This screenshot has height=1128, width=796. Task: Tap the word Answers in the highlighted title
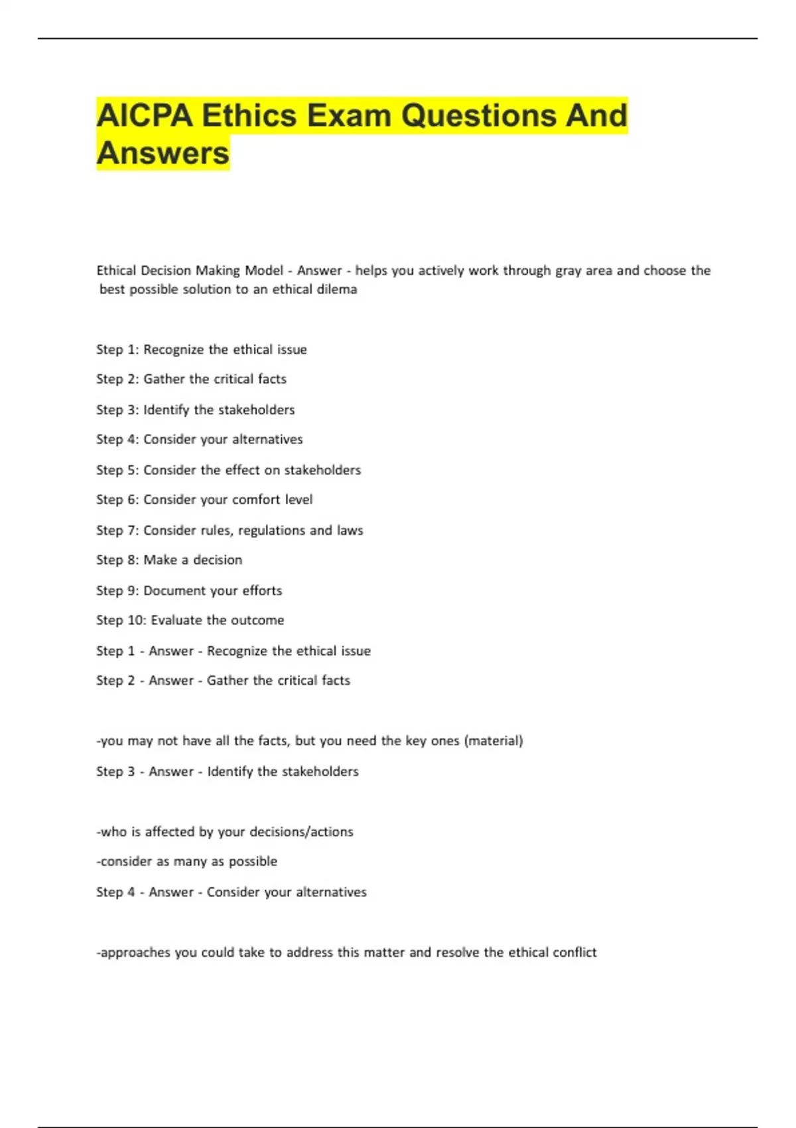pos(163,153)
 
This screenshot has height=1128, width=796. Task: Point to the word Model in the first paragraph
pos(264,271)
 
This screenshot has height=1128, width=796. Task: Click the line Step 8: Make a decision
pos(169,560)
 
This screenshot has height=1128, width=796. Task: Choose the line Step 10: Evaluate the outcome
pos(190,620)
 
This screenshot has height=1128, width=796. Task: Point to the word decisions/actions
pos(301,832)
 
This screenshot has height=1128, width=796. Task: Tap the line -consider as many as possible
pos(187,861)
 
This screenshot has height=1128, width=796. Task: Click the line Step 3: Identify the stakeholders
pos(195,410)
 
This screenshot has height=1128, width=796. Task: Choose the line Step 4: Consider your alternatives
pos(199,439)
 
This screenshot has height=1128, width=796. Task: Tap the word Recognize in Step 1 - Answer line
pos(237,651)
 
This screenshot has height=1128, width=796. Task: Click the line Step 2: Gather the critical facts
pos(191,379)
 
